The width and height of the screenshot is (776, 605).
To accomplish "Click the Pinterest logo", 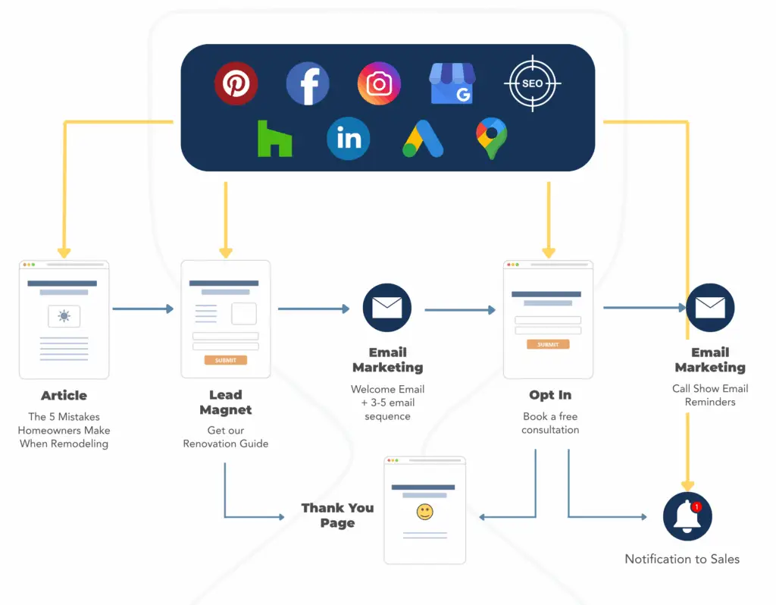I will pyautogui.click(x=236, y=83).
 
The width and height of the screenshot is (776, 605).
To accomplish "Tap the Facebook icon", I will pyautogui.click(x=308, y=83).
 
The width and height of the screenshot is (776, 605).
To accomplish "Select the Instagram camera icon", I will pyautogui.click(x=379, y=83).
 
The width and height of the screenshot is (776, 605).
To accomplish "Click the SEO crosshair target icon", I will pyautogui.click(x=533, y=83).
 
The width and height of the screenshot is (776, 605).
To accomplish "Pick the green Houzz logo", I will pyautogui.click(x=274, y=139).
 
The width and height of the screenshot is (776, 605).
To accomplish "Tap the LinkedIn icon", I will pyautogui.click(x=349, y=139).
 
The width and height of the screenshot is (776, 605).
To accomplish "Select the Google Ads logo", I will pyautogui.click(x=421, y=139).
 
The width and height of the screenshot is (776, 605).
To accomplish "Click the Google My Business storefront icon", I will pyautogui.click(x=452, y=83).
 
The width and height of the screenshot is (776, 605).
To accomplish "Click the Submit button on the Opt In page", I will pyautogui.click(x=548, y=344).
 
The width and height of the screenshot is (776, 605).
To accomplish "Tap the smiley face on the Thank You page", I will pyautogui.click(x=424, y=513).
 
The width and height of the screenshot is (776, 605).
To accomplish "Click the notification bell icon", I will pyautogui.click(x=687, y=516).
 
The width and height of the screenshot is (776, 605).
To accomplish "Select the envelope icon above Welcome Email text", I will pyautogui.click(x=387, y=308).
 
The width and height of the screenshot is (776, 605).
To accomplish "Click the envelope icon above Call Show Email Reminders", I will pyautogui.click(x=710, y=308).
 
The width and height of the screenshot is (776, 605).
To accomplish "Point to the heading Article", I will pyautogui.click(x=64, y=395).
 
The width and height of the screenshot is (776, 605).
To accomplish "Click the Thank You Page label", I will pyautogui.click(x=337, y=515).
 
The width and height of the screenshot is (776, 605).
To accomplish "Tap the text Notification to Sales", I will pyautogui.click(x=682, y=559).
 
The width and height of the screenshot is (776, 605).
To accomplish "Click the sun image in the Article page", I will pyautogui.click(x=64, y=316).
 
